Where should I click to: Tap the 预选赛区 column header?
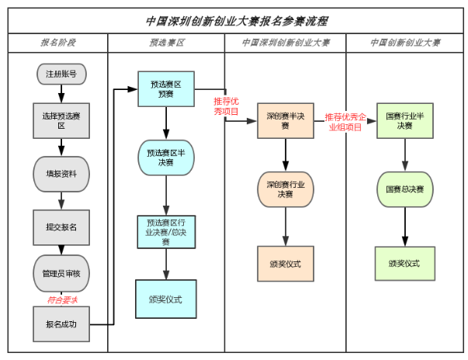pyautogui.click(x=166, y=43)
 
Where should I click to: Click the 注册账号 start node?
pyautogui.click(x=61, y=74)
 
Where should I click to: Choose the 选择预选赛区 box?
pyautogui.click(x=61, y=119)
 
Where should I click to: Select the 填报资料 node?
pyautogui.click(x=61, y=174)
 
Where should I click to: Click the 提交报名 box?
pyautogui.click(x=61, y=227)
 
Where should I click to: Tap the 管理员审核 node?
pyautogui.click(x=61, y=273)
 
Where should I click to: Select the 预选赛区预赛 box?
pyautogui.click(x=166, y=89)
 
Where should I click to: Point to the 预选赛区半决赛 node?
pyautogui.click(x=166, y=157)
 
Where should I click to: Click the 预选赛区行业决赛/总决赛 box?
pyautogui.click(x=166, y=232)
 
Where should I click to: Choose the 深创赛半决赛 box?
pyautogui.click(x=286, y=121)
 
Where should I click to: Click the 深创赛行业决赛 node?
pyautogui.click(x=286, y=189)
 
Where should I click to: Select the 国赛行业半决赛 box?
pyautogui.click(x=404, y=120)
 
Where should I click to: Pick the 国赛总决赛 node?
pyautogui.click(x=404, y=189)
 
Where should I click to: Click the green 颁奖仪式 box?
pyautogui.click(x=404, y=264)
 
